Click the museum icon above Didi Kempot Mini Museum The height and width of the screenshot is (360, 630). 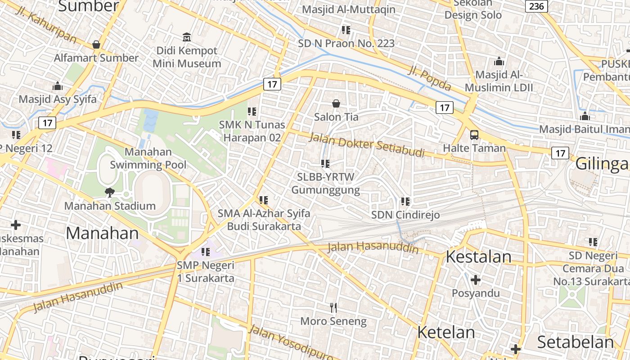(x=187, y=36)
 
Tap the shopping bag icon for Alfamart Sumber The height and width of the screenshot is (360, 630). (x=96, y=45)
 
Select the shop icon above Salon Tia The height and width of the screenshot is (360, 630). (x=336, y=104)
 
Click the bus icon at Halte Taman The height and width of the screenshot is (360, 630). (x=474, y=135)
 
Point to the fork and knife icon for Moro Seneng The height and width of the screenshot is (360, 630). (x=333, y=308)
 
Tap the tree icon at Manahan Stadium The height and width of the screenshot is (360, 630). (x=109, y=193)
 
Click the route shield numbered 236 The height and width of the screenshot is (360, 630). (x=536, y=6)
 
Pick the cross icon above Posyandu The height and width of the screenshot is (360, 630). (x=476, y=280)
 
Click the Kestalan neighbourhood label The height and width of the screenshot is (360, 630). (x=478, y=256)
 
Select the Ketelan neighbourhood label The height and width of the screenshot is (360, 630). (x=446, y=332)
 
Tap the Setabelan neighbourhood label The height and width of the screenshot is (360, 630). (x=575, y=342)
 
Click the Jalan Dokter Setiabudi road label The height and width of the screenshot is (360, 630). (x=367, y=144)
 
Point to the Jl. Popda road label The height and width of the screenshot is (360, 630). (x=429, y=77)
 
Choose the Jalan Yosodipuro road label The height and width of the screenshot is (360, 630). (x=290, y=342)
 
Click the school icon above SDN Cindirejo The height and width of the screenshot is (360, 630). (x=405, y=202)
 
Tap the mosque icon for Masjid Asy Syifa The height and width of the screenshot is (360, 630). (x=58, y=86)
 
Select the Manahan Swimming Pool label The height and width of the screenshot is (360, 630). (x=148, y=158)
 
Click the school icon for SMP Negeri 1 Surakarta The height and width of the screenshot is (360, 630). (x=206, y=252)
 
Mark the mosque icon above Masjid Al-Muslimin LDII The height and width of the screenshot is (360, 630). (x=499, y=61)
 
